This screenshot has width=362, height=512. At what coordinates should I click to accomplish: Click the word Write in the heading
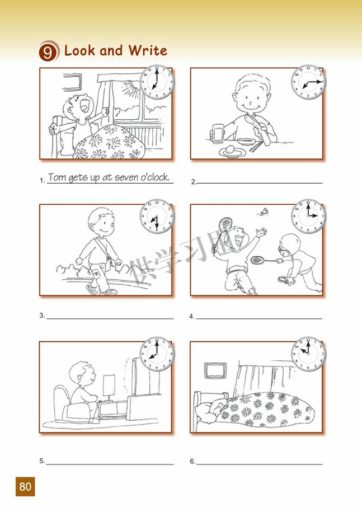coord(148,50)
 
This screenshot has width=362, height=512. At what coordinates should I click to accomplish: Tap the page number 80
coord(25,486)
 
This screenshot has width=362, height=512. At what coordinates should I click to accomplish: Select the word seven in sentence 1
coord(126,177)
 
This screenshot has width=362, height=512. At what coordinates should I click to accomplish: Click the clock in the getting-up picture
coord(157,82)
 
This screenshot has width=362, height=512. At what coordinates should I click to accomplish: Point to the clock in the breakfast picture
coord(308,82)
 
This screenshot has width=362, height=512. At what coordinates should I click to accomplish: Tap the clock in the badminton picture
coord(308,216)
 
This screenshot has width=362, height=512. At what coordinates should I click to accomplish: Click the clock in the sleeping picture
coord(308,354)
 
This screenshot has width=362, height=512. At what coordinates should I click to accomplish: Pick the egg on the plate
coord(230,149)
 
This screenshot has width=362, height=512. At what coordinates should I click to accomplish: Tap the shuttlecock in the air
coord(264,212)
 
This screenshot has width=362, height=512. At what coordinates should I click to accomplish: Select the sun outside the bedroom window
coord(130,87)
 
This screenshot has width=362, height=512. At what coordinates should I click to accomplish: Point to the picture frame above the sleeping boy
coord(215,370)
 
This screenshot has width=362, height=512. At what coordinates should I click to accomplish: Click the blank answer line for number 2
coord(260,183)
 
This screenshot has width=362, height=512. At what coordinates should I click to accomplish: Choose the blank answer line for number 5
coord(110,464)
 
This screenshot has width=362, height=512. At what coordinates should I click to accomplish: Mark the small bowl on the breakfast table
coord(246,142)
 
